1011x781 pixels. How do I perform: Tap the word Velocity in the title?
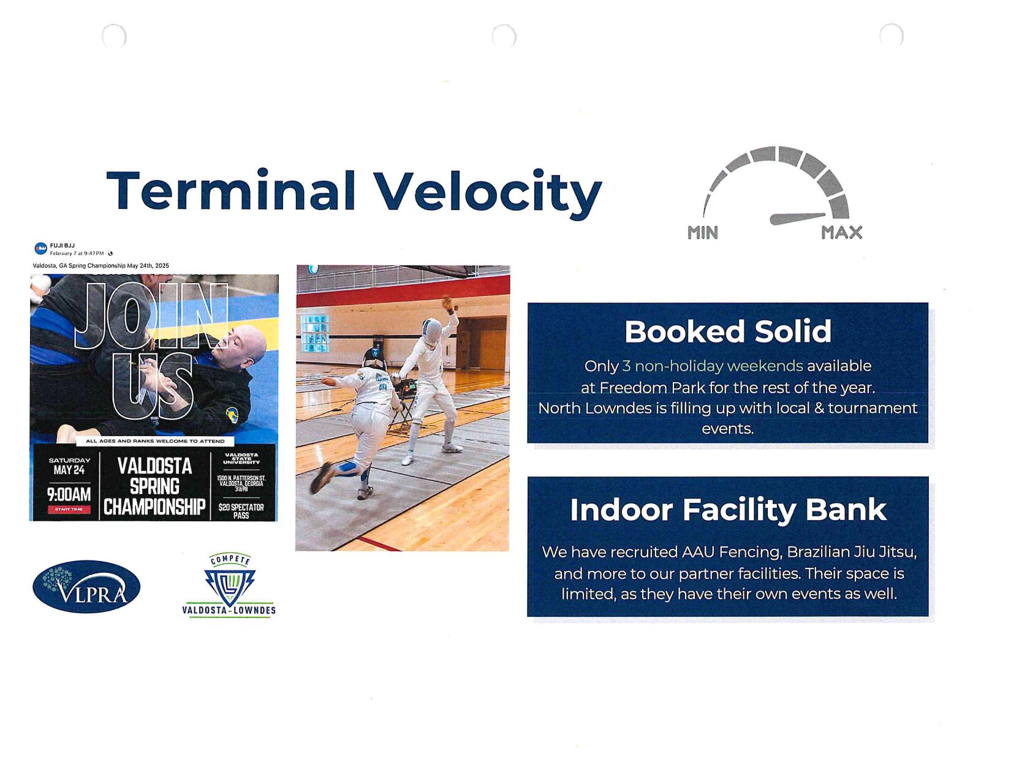[x=488, y=192]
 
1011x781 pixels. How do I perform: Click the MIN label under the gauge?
[x=702, y=233]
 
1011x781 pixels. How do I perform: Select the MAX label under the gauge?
[x=841, y=233]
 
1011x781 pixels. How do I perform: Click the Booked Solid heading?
[x=727, y=331]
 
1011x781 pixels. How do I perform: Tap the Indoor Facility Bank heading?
[x=728, y=510]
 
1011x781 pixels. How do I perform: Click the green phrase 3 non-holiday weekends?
[x=712, y=366]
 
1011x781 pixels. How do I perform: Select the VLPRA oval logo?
[x=86, y=587]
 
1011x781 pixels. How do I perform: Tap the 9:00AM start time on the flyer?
[x=69, y=494]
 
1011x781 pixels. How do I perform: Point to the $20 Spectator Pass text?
[x=241, y=511]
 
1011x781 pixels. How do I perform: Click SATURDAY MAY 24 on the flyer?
[x=69, y=466]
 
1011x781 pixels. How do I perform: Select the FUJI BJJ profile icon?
[x=40, y=248]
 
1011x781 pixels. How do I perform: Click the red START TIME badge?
[x=69, y=510]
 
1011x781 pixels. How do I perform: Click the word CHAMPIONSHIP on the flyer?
[x=154, y=508]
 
